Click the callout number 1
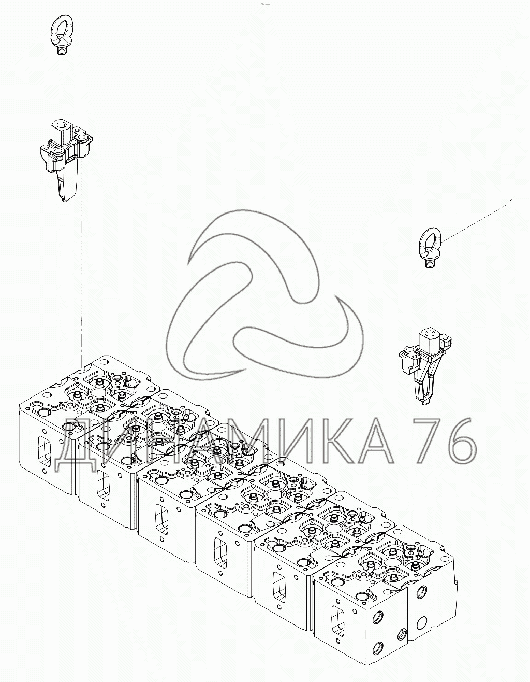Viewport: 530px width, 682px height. (512, 203)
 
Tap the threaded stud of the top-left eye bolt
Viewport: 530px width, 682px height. (62, 50)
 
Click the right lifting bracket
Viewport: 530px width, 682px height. (425, 366)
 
